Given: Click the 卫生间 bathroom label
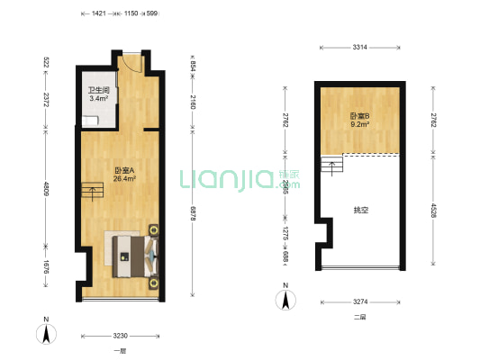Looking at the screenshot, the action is pyautogui.click(x=98, y=90).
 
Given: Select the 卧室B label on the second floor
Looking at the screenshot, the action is pyautogui.click(x=359, y=116).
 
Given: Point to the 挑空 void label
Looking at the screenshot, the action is pyautogui.click(x=360, y=210).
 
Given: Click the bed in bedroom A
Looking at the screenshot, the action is pyautogui.click(x=135, y=256).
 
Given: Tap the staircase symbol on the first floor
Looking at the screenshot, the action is pyautogui.click(x=92, y=190).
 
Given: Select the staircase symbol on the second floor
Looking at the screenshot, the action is pyautogui.click(x=331, y=166).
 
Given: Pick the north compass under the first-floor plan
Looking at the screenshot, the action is pyautogui.click(x=46, y=331).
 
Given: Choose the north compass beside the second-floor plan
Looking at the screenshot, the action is pyautogui.click(x=285, y=297).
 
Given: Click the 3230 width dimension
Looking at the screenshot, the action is pyautogui.click(x=121, y=336).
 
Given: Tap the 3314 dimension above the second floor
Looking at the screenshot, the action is pyautogui.click(x=359, y=48).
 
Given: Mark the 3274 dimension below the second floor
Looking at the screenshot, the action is pyautogui.click(x=360, y=302).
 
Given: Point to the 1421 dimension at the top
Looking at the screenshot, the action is pyautogui.click(x=98, y=13).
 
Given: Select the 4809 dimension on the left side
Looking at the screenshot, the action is pyautogui.click(x=46, y=189).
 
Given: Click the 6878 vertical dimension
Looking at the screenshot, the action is pyautogui.click(x=193, y=213).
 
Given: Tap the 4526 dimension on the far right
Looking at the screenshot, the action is pyautogui.click(x=433, y=210).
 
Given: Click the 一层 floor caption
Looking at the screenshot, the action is pyautogui.click(x=120, y=351).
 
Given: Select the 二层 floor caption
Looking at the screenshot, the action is pyautogui.click(x=359, y=317).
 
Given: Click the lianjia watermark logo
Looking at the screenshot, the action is pyautogui.click(x=240, y=180).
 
